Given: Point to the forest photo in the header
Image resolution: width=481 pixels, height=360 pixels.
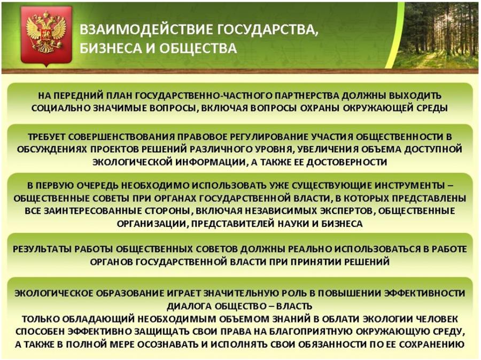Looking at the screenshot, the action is (435, 35).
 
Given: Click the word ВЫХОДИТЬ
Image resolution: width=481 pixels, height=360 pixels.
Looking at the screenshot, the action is (415, 96).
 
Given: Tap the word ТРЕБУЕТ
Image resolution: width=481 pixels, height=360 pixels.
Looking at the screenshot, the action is (46, 137).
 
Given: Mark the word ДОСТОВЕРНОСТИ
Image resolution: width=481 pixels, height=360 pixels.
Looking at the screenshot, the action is (346, 162).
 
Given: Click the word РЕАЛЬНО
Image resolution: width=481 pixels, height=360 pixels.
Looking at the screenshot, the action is (310, 249).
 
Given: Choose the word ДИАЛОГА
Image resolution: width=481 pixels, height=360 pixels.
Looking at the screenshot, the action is (189, 306).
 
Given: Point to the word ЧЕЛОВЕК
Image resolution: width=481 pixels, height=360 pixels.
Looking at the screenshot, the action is (437, 319).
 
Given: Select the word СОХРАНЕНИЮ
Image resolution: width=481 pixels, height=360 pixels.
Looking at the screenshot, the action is (430, 344).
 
